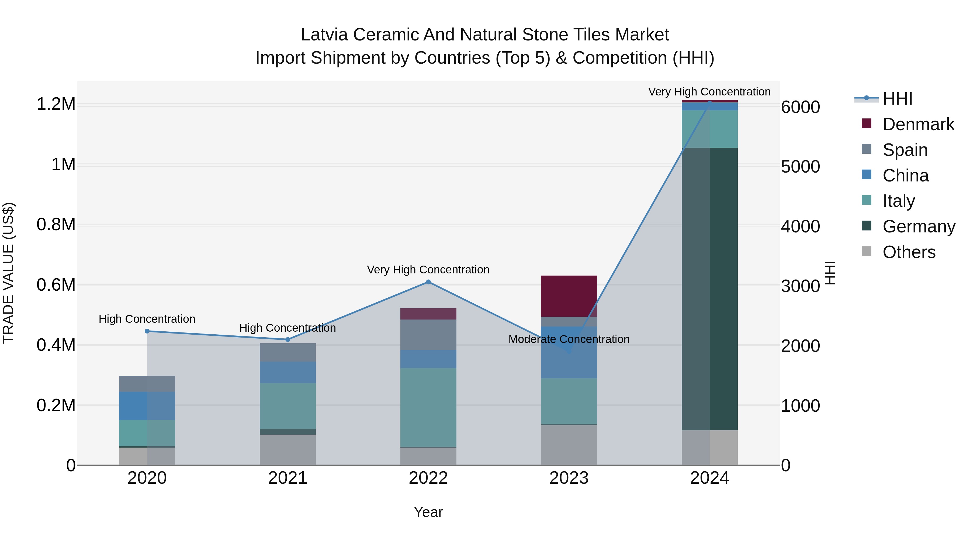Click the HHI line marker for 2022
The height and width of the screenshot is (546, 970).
pos(428,282)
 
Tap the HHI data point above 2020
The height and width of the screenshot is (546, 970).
pos(147,331)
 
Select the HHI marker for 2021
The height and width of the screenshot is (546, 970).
pos(288,339)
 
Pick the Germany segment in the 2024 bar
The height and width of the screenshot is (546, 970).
pos(709,289)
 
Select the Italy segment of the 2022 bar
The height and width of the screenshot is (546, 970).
pos(428,407)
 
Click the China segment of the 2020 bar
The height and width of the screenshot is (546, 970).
pos(147,406)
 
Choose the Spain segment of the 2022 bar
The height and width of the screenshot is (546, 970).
pos(428,335)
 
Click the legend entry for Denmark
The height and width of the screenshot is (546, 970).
pos(918,124)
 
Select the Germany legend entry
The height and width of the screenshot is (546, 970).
pos(919,226)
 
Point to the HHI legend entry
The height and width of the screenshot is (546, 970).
pos(897,99)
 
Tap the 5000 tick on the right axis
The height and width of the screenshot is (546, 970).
pos(800,167)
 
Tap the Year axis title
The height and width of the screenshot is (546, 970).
pos(428,512)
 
